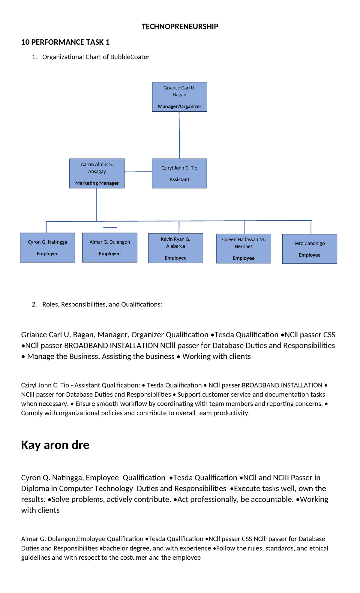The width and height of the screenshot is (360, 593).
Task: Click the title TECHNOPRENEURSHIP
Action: [x=180, y=27]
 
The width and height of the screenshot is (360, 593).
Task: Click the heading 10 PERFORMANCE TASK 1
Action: [x=65, y=42]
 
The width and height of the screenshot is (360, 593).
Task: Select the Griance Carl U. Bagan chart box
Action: [x=179, y=97]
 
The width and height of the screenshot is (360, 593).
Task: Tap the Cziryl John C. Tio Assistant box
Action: [x=179, y=173]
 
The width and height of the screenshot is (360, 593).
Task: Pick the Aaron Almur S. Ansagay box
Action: [x=97, y=173]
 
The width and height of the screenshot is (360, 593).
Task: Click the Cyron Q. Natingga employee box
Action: [x=47, y=248]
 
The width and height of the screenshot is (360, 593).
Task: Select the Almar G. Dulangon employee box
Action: [x=109, y=248]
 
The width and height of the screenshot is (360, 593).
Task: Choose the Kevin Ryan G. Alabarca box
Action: [x=175, y=248]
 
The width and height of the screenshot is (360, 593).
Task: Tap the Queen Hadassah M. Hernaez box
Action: [x=243, y=248]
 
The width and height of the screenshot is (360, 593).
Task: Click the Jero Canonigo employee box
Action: [x=309, y=249]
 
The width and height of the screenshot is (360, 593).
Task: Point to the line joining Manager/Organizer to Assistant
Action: [x=179, y=135]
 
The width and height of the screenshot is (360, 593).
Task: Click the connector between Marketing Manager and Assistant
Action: [x=138, y=172]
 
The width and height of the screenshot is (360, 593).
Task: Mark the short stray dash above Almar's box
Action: [x=110, y=228]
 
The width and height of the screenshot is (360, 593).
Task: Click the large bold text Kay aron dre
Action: [x=55, y=445]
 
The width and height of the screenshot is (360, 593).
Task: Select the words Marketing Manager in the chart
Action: [x=97, y=183]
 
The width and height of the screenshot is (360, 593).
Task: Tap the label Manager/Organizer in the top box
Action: [x=179, y=107]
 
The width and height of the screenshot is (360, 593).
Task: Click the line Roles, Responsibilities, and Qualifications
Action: [x=102, y=304]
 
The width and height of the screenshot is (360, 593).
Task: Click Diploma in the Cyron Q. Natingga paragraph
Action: [x=33, y=489]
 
